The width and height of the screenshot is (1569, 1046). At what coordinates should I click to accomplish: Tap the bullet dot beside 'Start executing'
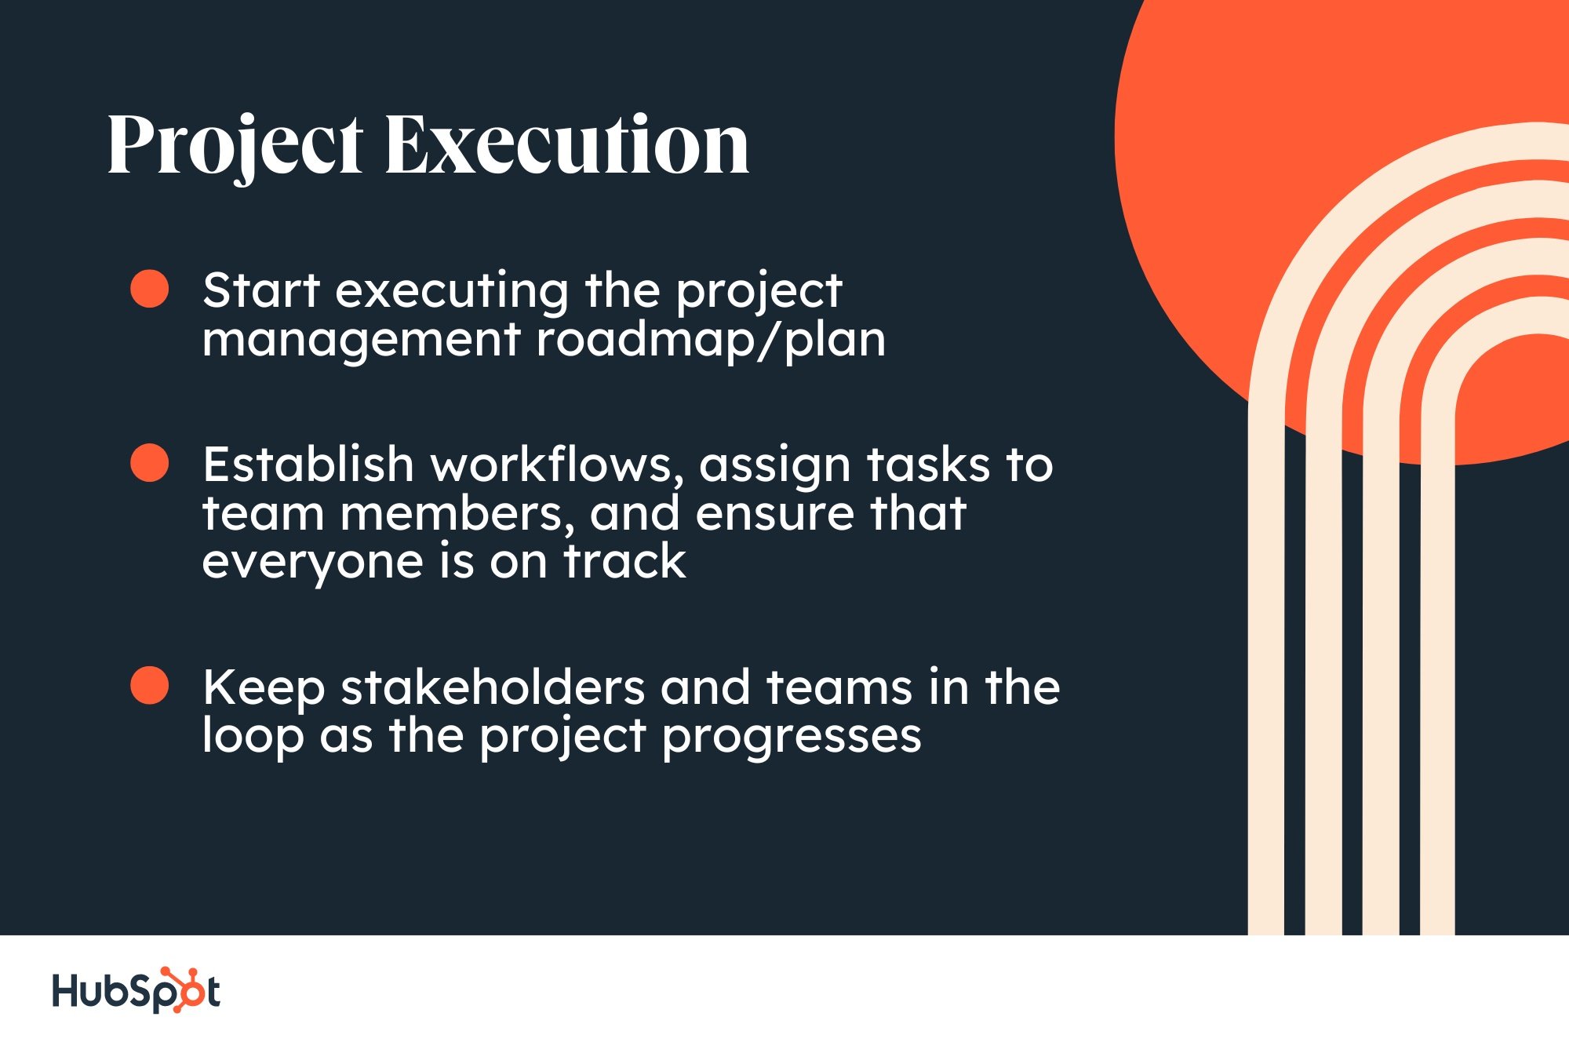pyautogui.click(x=149, y=288)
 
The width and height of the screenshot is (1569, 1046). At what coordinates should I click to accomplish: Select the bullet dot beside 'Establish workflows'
pyautogui.click(x=149, y=462)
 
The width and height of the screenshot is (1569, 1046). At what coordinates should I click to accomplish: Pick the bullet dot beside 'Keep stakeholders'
pyautogui.click(x=149, y=685)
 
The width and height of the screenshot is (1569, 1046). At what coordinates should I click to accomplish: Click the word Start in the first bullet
pyautogui.click(x=261, y=290)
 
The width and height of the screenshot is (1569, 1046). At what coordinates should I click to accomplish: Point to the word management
pyautogui.click(x=362, y=341)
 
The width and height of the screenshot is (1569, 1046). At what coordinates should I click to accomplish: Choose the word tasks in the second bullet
pyautogui.click(x=928, y=465)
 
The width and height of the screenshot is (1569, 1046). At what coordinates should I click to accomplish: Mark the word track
pyautogui.click(x=625, y=561)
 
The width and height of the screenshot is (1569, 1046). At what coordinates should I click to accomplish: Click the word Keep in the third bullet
pyautogui.click(x=264, y=689)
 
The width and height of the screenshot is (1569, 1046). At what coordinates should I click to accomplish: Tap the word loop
pyautogui.click(x=253, y=738)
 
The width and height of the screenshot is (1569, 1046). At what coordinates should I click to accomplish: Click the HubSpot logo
pyautogui.click(x=136, y=990)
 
